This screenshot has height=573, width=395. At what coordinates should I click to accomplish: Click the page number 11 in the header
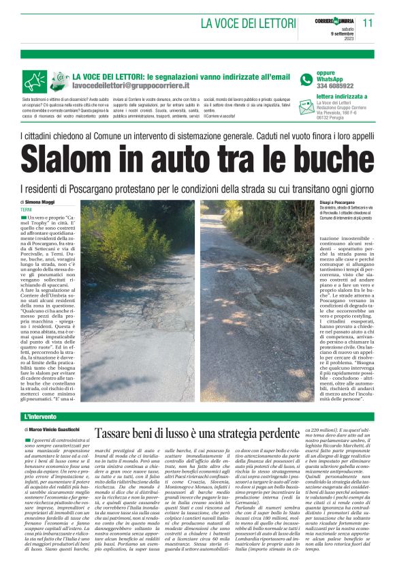click(368, 23)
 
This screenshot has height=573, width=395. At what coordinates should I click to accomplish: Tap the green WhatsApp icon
click(304, 79)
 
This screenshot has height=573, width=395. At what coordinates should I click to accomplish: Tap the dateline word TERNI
click(27, 210)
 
